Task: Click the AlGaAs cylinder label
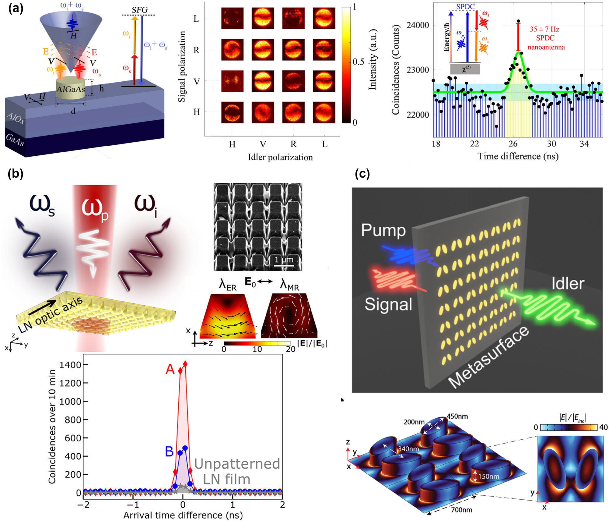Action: coord(71,89)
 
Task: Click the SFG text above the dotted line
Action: coord(139,10)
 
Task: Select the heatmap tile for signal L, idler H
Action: coord(232,18)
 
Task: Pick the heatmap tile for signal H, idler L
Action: coord(324,112)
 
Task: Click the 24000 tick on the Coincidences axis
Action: coord(418,25)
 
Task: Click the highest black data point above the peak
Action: coord(518,21)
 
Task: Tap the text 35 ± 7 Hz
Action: coord(544,29)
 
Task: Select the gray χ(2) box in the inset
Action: coord(465,69)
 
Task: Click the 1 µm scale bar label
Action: coord(284,260)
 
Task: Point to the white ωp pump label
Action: coord(95,209)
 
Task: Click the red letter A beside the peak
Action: coord(170,370)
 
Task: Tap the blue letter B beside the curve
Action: coord(169,452)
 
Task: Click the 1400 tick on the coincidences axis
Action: coord(70,365)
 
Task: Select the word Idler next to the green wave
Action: coord(568,284)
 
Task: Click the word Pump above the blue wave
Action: coord(383,230)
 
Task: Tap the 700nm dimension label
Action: coord(461,510)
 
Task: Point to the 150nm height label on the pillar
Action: coord(488,476)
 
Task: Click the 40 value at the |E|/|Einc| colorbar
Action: coord(603,427)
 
